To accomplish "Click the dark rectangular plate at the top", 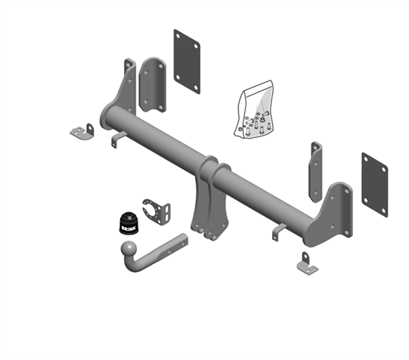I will tap(186, 61).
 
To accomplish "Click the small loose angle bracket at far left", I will tap(82, 131).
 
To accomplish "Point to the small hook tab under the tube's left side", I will tap(117, 138).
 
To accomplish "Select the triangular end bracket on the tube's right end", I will tap(332, 215).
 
